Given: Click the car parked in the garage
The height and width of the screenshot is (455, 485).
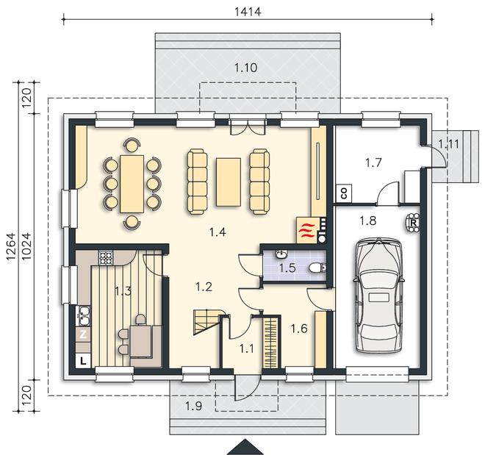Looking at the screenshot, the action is click(x=378, y=295).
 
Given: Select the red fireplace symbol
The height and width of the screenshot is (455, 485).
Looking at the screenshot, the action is click(x=306, y=230).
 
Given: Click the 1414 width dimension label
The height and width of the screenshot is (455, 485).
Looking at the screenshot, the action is click(x=248, y=12).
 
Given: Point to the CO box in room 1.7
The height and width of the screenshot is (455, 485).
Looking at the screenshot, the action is click(x=344, y=193).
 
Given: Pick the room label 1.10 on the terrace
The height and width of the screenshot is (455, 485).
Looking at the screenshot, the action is click(x=246, y=68).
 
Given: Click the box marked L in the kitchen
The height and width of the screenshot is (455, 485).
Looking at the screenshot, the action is click(x=83, y=361).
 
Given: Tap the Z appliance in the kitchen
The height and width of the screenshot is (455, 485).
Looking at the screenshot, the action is click(x=83, y=334).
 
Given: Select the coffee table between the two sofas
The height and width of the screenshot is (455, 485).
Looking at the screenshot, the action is click(x=229, y=182).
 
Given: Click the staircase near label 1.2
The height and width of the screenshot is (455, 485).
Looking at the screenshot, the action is click(x=207, y=322).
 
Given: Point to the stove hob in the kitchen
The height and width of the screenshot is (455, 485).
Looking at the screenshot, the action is click(x=106, y=258).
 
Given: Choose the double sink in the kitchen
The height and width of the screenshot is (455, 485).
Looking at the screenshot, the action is click(x=83, y=316).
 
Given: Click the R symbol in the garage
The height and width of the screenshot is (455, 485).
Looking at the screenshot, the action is click(x=413, y=223).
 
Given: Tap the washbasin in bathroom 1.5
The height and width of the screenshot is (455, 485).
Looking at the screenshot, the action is click(x=281, y=254).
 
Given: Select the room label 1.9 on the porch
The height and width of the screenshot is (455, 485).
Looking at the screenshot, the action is click(x=194, y=406).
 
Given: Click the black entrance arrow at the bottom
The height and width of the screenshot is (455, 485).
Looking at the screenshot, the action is click(x=245, y=447).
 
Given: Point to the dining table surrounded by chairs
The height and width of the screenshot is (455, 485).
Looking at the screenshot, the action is click(x=132, y=184).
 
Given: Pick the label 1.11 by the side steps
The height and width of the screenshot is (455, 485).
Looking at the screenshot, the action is click(x=448, y=144).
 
